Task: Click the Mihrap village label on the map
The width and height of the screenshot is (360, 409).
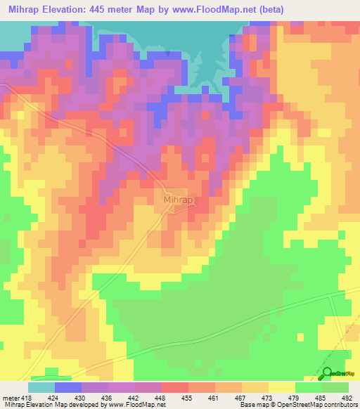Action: (177, 200)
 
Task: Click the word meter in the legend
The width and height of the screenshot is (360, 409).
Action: (9, 398)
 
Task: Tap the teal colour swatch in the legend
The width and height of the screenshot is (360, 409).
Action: (41, 387)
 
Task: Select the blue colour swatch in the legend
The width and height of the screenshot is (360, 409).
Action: (68, 387)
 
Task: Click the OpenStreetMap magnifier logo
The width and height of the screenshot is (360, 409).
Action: (327, 374)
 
